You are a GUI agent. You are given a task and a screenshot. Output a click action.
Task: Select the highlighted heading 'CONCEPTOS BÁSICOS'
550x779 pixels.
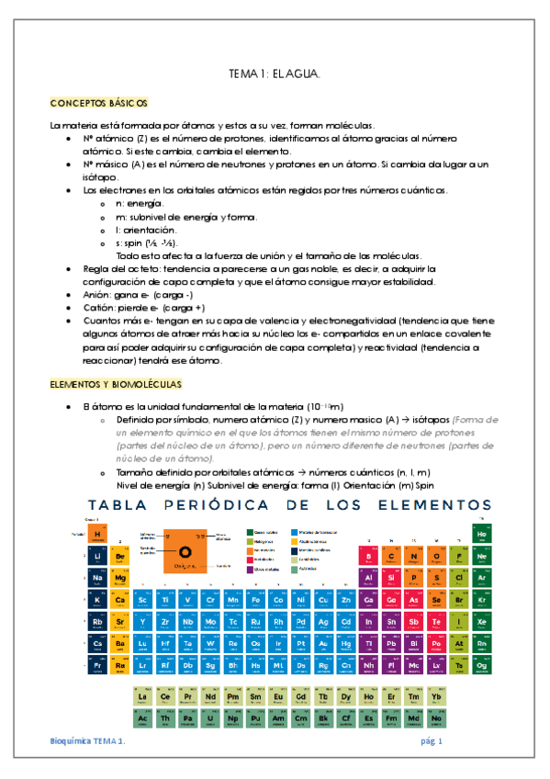pos(98,103)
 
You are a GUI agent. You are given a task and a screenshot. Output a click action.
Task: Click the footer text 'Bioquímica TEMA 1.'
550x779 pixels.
pos(88,740)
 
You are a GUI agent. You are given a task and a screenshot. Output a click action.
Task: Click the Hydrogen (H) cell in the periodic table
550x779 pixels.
pos(96,535)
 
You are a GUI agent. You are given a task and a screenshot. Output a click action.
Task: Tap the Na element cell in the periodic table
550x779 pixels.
pos(96,578)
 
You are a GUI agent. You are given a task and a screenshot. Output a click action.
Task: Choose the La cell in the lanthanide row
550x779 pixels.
pos(142,695)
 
